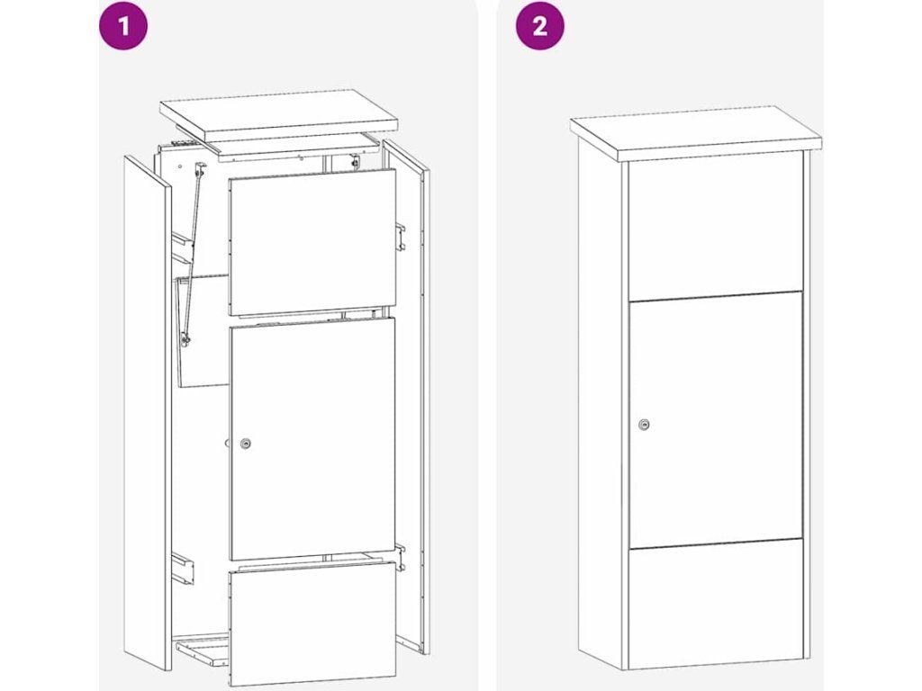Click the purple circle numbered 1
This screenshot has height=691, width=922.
tap(123, 25)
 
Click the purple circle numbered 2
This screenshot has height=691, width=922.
tap(540, 25)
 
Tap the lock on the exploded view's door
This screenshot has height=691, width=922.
tap(247, 444)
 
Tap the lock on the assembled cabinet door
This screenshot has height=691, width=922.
tap(645, 425)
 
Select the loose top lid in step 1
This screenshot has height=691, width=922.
tap(279, 116)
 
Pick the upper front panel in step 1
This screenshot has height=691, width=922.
tap(312, 241)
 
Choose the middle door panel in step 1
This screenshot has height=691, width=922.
tap(312, 438)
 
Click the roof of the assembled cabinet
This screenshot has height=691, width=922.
tap(696, 133)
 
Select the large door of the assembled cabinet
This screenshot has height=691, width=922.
tap(716, 419)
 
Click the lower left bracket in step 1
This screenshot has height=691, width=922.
tap(183, 569)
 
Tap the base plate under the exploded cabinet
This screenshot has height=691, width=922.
tap(203, 647)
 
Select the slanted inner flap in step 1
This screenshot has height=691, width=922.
tap(203, 330)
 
